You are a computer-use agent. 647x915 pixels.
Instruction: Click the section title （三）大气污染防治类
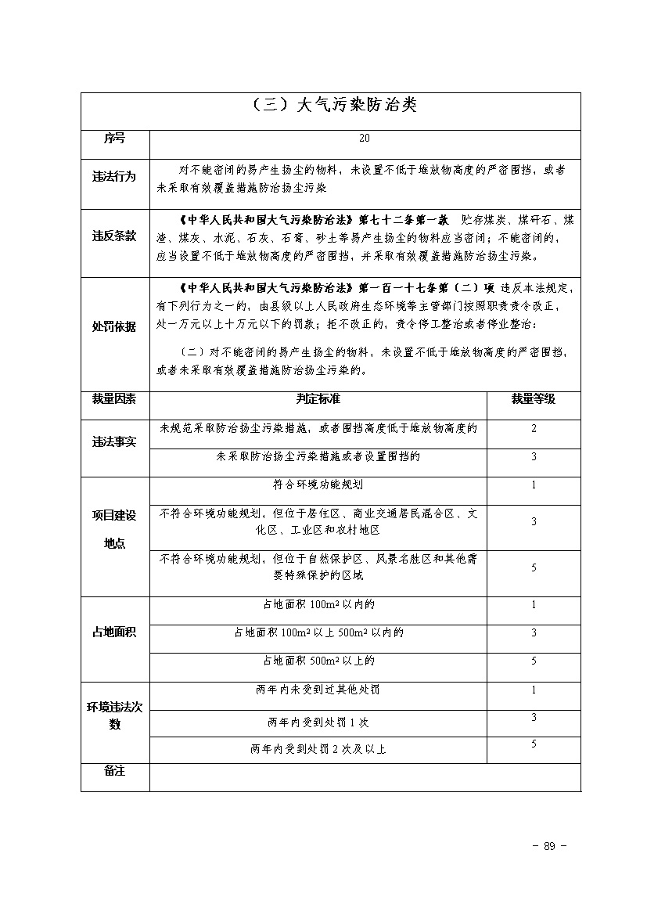(x=330, y=106)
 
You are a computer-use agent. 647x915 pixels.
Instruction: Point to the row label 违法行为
(x=114, y=178)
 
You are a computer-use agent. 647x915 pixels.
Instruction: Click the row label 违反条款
(x=114, y=236)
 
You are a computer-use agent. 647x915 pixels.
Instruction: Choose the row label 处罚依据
(x=114, y=326)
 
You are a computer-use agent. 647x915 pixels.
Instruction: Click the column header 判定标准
(x=318, y=398)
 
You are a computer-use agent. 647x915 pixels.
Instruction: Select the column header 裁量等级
(x=533, y=398)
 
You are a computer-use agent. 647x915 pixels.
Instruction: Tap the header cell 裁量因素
(x=114, y=398)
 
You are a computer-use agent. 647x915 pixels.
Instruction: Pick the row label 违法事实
(x=114, y=442)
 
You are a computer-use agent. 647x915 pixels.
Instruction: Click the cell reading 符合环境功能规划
(x=318, y=485)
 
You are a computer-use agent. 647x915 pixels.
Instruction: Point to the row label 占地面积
(x=114, y=632)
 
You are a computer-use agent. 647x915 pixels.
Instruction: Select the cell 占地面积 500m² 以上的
(x=318, y=661)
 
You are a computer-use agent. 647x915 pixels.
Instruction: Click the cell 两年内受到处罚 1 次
(x=318, y=722)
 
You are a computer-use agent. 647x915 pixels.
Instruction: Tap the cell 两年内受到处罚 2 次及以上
(x=318, y=749)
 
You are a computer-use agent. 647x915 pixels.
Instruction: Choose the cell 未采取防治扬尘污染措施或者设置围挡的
(x=318, y=456)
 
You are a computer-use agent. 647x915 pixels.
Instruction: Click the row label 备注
(x=114, y=771)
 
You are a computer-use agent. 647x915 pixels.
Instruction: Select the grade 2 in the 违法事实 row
(x=534, y=428)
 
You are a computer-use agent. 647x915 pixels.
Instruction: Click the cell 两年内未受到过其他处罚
(x=318, y=690)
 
